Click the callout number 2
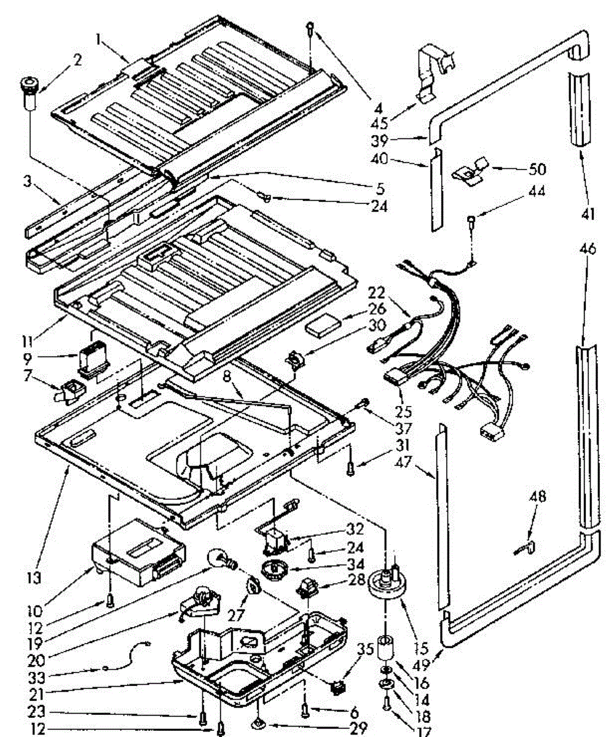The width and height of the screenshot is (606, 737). pos(77,60)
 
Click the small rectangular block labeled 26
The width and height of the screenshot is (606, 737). pos(325,325)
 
